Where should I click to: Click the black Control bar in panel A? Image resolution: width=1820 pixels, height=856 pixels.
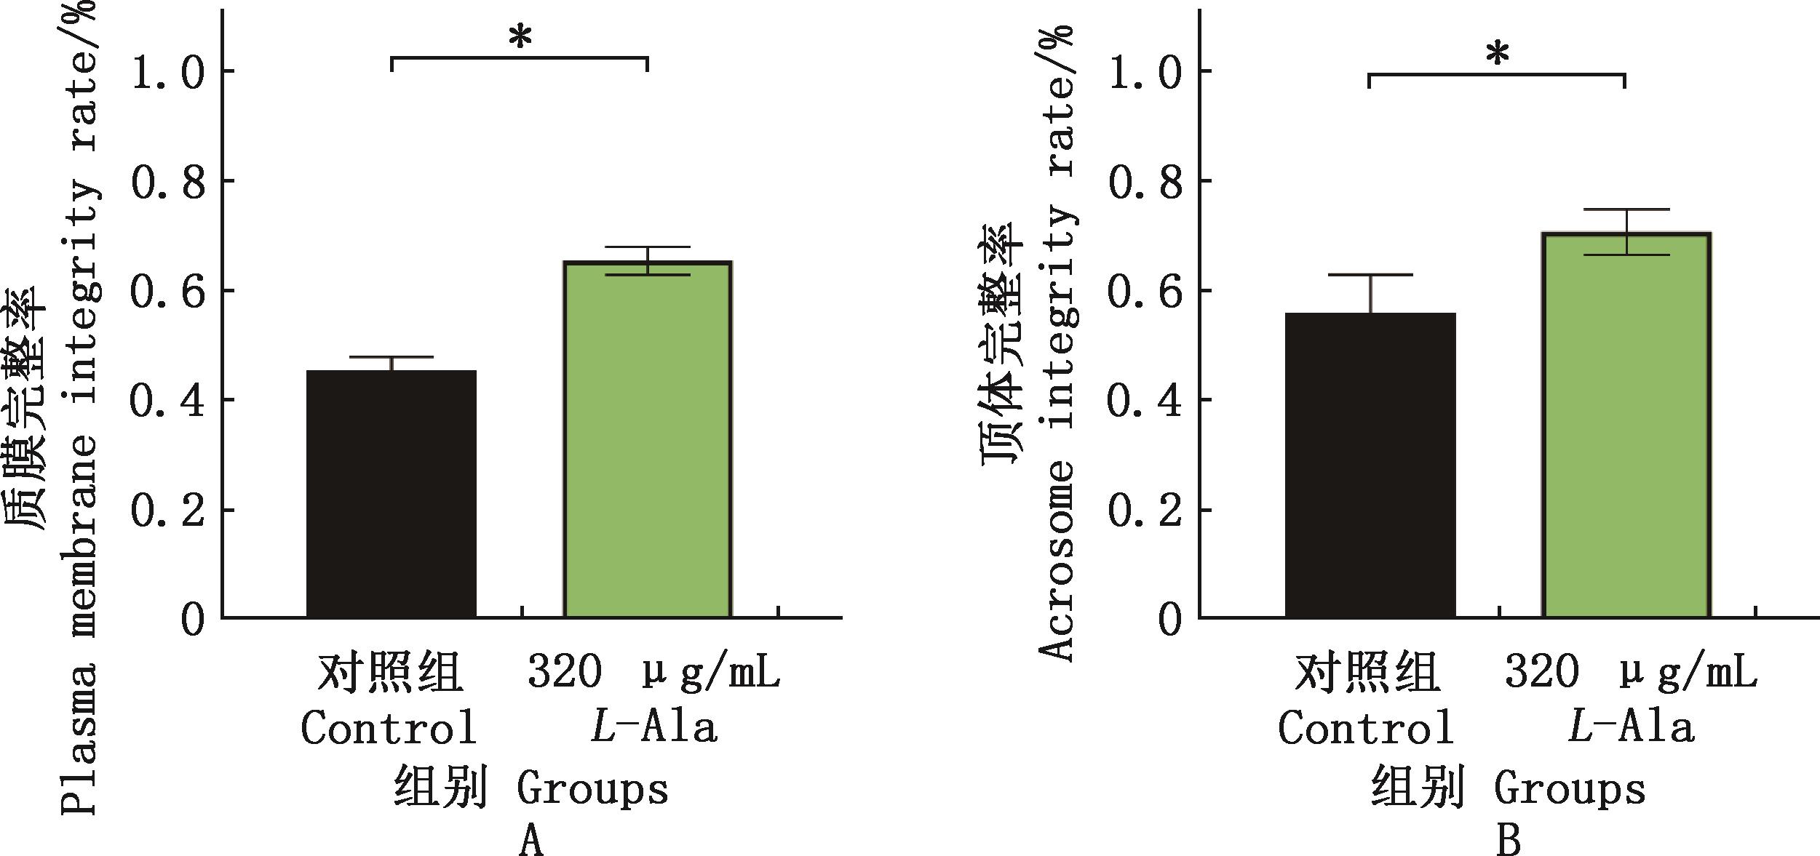tap(392, 495)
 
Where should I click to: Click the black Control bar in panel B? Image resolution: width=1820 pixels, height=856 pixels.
tap(1370, 465)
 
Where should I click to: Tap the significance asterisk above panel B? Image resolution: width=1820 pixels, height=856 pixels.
tap(1498, 55)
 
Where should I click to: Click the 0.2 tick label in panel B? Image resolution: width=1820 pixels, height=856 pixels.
tap(1145, 511)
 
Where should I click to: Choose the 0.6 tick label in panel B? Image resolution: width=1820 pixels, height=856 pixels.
tap(1145, 290)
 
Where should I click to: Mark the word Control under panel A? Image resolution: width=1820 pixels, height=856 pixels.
tap(389, 727)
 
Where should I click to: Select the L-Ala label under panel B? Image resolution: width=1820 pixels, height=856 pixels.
tap(1631, 727)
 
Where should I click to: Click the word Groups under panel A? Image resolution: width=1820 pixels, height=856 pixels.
tap(592, 789)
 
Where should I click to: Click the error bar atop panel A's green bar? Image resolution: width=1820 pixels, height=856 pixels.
tap(648, 260)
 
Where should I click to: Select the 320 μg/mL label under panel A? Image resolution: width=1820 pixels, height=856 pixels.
tap(653, 673)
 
